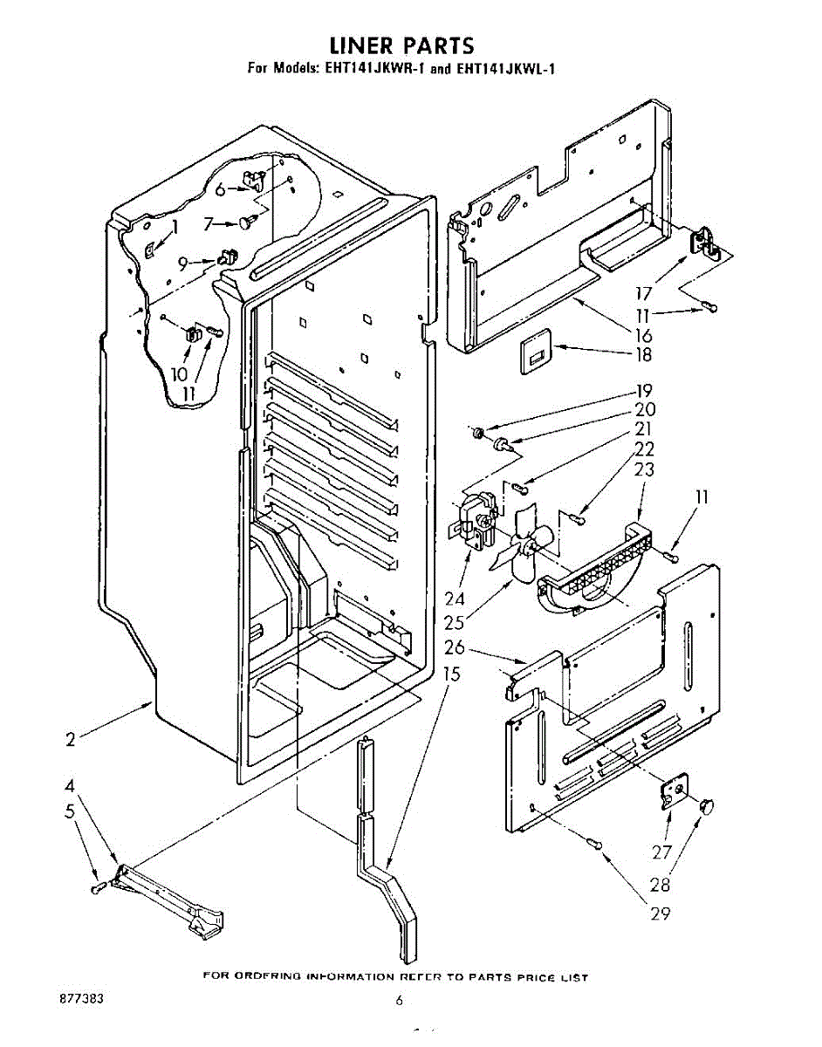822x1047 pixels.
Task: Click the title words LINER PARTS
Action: pos(401,45)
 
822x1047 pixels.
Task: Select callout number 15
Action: pos(451,674)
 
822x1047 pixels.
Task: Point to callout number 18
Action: pos(644,356)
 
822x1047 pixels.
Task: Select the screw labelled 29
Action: pos(595,843)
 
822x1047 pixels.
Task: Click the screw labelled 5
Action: pos(98,888)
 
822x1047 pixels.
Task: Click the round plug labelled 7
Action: pos(245,224)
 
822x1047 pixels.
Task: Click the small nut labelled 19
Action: pos(478,433)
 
